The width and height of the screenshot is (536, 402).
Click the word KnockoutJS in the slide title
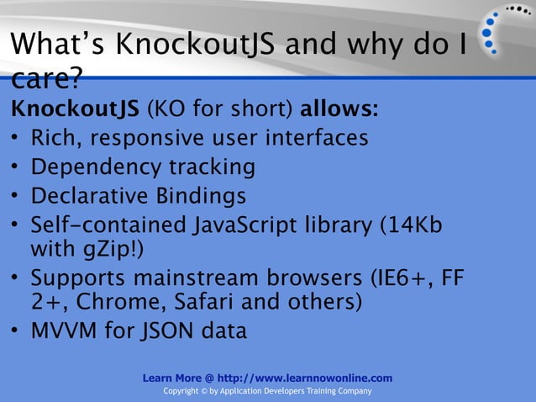(194, 45)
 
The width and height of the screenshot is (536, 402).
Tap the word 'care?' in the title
(45, 82)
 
